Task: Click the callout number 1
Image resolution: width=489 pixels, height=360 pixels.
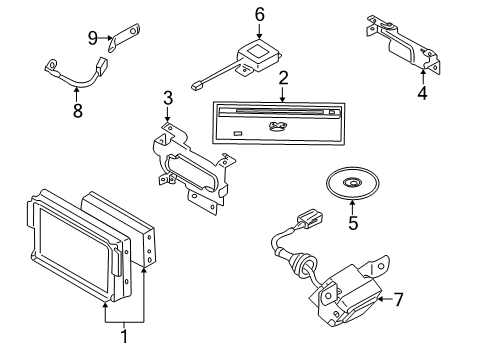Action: point(124,337)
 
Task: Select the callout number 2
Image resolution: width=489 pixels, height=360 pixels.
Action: point(283,79)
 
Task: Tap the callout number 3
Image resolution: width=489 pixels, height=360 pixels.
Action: point(168,97)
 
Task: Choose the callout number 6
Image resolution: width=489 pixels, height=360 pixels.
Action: point(259,14)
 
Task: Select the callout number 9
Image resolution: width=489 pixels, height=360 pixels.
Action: point(91,39)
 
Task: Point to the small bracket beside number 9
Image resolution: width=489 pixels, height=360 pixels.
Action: point(124,37)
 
